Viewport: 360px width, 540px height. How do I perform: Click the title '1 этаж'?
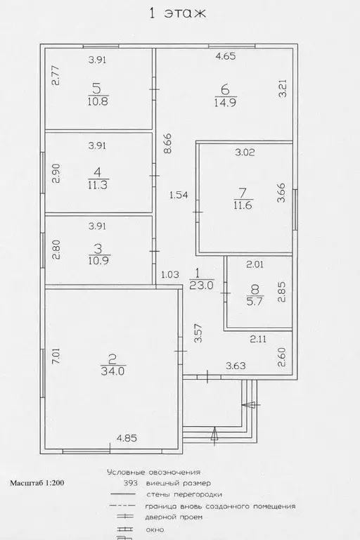(177, 13)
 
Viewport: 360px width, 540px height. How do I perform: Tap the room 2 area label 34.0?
(112, 371)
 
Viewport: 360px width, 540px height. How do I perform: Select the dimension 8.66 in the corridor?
(167, 143)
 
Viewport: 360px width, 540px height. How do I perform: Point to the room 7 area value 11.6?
(243, 205)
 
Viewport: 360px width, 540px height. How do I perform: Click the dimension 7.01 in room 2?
(56, 356)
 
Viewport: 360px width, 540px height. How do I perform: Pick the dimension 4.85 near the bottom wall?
(127, 438)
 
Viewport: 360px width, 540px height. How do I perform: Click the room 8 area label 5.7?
(255, 301)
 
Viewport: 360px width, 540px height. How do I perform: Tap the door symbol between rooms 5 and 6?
(155, 89)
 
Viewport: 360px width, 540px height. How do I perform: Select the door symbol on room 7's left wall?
(198, 212)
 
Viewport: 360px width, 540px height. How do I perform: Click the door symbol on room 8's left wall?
(225, 293)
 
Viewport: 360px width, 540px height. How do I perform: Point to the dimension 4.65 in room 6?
(226, 56)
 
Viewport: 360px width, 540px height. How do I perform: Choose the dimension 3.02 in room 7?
(245, 152)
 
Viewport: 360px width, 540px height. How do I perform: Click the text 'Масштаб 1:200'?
(37, 483)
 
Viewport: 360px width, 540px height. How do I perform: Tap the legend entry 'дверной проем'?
(174, 517)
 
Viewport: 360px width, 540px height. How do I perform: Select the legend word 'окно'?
(154, 529)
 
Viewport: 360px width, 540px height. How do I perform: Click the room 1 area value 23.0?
(202, 285)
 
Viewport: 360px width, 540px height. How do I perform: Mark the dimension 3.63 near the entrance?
(236, 366)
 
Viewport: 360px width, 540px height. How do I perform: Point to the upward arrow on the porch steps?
(214, 436)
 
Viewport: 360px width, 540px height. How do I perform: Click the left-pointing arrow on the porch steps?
(251, 405)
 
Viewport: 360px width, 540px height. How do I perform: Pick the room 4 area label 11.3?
(98, 185)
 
